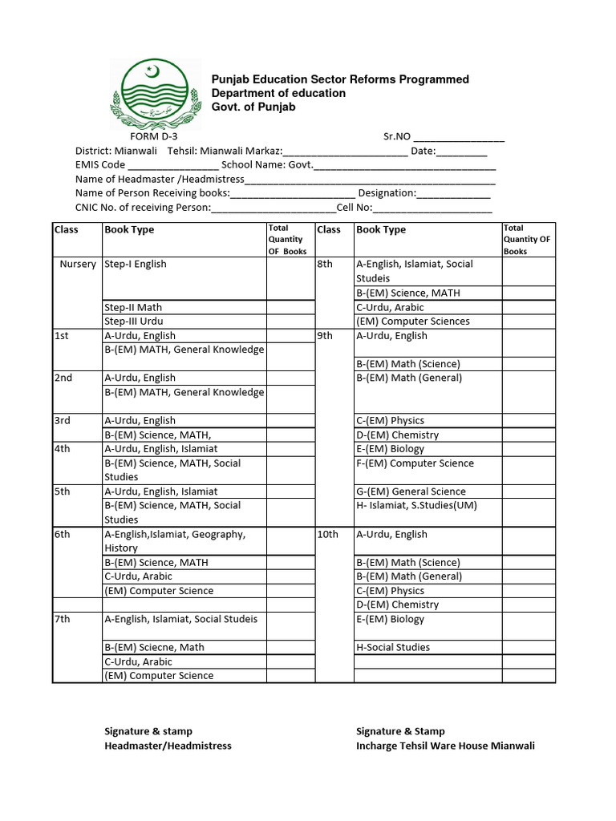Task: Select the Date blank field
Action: (x=462, y=152)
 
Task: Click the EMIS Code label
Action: (x=100, y=165)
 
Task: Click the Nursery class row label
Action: (x=78, y=264)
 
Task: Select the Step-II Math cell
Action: (x=133, y=307)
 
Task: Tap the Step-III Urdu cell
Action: (x=134, y=322)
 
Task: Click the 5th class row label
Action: (x=63, y=491)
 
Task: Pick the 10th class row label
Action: (x=328, y=534)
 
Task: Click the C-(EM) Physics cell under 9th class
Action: (x=391, y=420)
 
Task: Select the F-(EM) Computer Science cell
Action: (x=415, y=463)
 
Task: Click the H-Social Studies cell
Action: (x=393, y=647)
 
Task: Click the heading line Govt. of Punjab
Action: (x=253, y=107)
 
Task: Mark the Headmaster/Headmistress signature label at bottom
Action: (x=168, y=746)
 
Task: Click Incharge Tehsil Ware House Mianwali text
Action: (x=445, y=746)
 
